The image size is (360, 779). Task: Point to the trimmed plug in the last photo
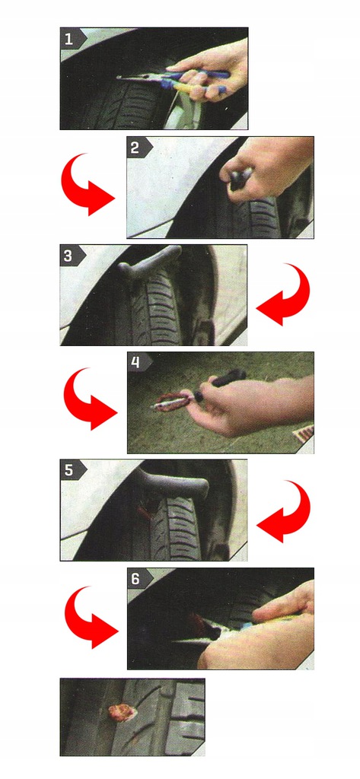tap(123, 713)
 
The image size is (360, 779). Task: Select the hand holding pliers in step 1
tap(212, 69)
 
